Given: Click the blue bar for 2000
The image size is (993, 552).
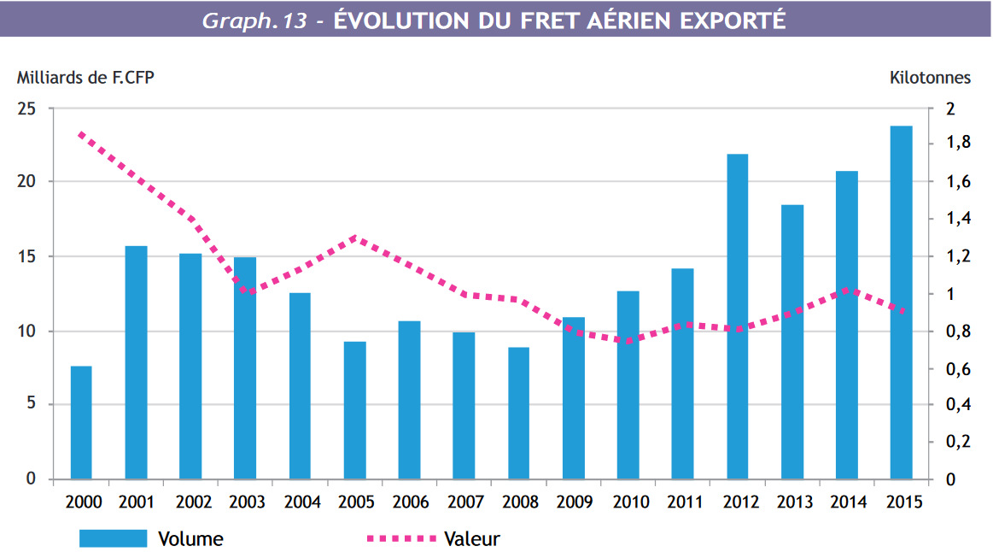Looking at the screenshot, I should [81, 422].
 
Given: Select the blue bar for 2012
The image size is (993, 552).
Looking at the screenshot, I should [738, 316].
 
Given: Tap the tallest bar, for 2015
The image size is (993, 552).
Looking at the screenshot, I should [901, 302].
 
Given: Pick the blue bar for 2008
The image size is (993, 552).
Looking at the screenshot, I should [519, 413].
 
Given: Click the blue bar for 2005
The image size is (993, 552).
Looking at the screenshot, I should [355, 410].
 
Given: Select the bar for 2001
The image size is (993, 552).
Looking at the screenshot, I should [137, 362].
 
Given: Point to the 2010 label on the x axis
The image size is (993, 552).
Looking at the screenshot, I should [629, 502].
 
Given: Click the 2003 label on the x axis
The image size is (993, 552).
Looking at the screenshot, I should [246, 502].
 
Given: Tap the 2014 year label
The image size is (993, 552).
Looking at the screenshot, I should [848, 502].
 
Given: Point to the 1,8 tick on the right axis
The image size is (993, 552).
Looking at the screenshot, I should [953, 143].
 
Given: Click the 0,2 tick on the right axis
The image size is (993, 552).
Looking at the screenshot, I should [953, 442].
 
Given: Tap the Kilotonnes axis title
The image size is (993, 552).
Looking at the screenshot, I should [930, 78].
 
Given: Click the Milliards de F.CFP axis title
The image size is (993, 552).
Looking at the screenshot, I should [85, 78].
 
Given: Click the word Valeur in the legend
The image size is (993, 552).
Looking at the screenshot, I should [471, 538].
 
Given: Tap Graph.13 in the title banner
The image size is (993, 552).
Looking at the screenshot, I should [254, 21].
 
